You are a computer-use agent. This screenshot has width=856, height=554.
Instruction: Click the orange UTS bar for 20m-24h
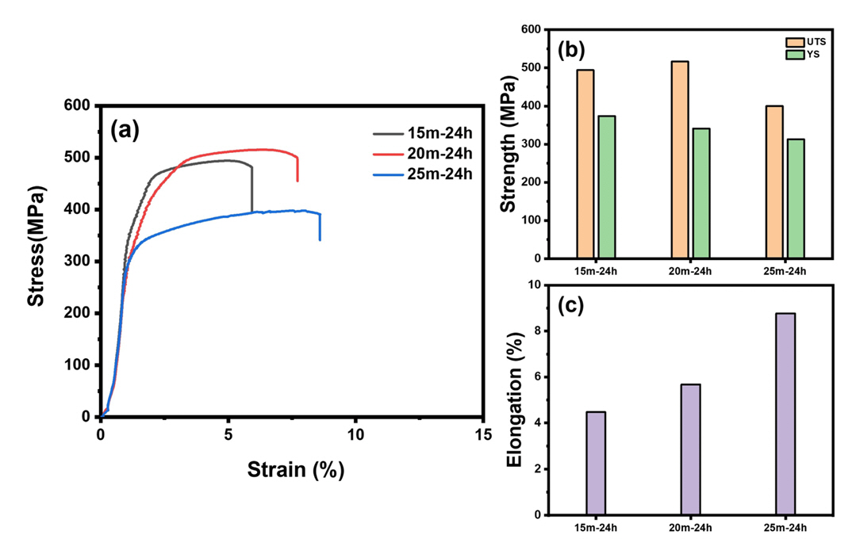pyautogui.click(x=680, y=159)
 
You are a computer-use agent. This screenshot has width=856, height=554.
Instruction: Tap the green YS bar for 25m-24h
pyautogui.click(x=795, y=199)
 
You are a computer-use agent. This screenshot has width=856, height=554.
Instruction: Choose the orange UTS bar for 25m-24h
pyautogui.click(x=773, y=181)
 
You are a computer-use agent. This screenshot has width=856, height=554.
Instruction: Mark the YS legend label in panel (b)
pyautogui.click(x=815, y=54)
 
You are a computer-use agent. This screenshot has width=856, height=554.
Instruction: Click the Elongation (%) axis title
pyautogui.click(x=515, y=400)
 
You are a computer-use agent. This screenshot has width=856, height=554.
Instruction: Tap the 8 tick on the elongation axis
pyautogui.click(x=536, y=331)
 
